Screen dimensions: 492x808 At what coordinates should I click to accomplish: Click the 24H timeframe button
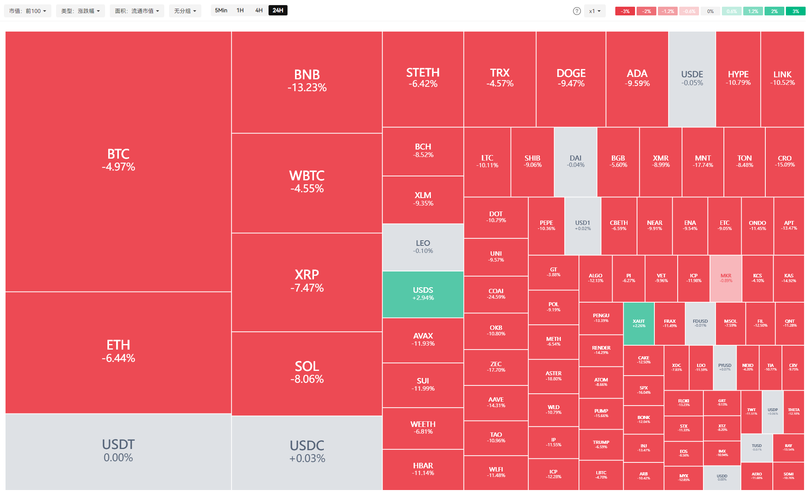(x=278, y=10)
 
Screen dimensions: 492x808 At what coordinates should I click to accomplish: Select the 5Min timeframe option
(x=221, y=10)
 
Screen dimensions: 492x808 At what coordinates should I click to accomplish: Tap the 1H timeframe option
(x=240, y=10)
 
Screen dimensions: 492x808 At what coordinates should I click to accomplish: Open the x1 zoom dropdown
(x=594, y=11)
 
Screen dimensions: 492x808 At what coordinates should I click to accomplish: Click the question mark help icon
(x=577, y=11)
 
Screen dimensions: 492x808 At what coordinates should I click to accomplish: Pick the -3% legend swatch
(x=625, y=11)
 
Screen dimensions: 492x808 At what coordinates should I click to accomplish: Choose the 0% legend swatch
(x=710, y=11)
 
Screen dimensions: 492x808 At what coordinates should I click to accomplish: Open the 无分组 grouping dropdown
(x=185, y=11)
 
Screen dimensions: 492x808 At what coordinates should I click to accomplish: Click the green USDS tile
(x=423, y=294)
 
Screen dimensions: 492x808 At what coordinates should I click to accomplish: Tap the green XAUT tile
(x=639, y=324)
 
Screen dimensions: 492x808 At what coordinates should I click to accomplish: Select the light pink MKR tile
(x=725, y=278)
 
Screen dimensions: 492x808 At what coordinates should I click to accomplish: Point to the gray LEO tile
(x=423, y=247)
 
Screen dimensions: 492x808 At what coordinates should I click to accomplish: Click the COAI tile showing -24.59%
(x=496, y=294)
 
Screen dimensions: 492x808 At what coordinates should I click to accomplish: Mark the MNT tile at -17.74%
(x=703, y=161)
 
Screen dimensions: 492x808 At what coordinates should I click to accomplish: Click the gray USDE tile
(x=692, y=79)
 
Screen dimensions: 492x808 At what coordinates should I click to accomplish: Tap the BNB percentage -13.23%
(x=307, y=88)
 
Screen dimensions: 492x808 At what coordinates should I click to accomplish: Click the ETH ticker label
(x=118, y=345)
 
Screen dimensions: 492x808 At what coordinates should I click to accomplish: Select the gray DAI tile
(x=575, y=161)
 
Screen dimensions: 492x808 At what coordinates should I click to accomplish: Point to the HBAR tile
(x=423, y=469)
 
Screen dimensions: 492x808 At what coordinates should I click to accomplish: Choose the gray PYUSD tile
(x=724, y=367)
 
